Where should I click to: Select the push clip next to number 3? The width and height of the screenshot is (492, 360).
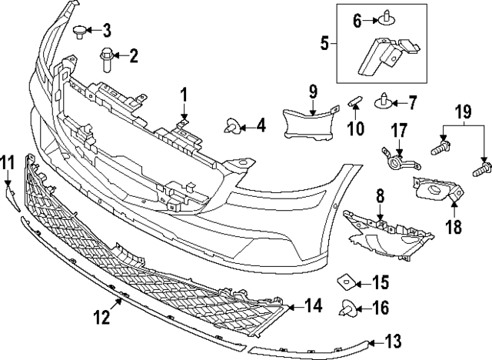tap(81, 32)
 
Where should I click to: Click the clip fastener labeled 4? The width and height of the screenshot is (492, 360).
tap(231, 125)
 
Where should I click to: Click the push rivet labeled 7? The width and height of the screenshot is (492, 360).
tap(384, 101)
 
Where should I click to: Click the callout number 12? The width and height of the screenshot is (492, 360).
tap(103, 316)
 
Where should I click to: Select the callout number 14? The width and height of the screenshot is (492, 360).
tap(312, 306)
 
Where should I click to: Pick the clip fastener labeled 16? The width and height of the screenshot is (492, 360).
tap(346, 308)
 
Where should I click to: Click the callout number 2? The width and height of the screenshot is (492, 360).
tap(134, 55)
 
